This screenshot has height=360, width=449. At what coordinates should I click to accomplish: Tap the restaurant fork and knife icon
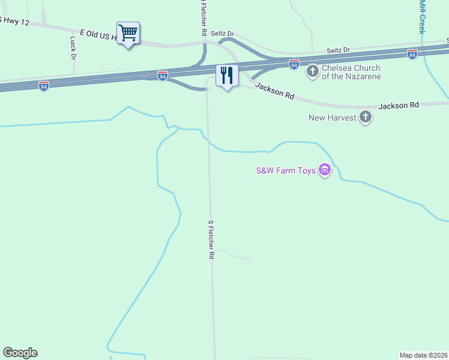pos(227,75)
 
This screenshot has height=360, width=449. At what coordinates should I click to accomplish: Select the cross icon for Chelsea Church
pos(312,72)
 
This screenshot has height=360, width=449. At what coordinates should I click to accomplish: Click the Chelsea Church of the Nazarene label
pos(351,72)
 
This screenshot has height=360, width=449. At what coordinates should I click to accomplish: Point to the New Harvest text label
pos(333,118)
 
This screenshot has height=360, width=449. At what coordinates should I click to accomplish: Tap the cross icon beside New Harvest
pos(366,118)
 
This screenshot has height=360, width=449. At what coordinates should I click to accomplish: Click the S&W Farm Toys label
pos(286,170)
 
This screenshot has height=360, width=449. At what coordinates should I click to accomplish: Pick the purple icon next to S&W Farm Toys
pos(325,170)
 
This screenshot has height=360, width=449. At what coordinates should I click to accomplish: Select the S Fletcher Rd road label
pos(211,239)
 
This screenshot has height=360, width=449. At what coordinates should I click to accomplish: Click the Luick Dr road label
pos(73,48)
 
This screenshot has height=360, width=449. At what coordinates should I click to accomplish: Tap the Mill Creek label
pos(422,17)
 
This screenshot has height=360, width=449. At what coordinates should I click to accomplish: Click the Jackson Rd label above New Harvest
pos(398,106)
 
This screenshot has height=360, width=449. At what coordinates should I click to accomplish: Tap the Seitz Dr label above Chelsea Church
pos(338,50)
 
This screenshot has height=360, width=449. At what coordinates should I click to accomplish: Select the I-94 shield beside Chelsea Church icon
pos(294,63)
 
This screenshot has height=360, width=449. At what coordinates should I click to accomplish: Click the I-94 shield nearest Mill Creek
pos(412,54)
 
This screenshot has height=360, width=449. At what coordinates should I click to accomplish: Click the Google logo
pos(20,353)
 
